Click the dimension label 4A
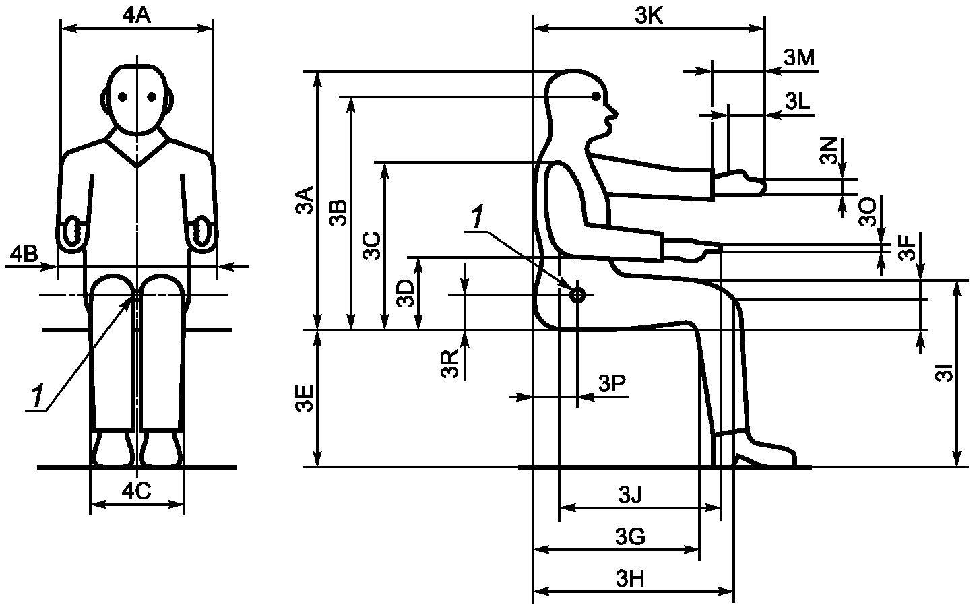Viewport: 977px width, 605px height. pos(137,16)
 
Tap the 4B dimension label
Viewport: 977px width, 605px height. pos(24,254)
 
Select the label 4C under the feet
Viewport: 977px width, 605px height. pos(137,492)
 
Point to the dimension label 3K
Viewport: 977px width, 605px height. pos(649,16)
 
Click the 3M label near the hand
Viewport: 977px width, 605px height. pos(799,57)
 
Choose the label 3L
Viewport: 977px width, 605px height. pos(798,102)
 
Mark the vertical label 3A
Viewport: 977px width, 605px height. pos(305,200)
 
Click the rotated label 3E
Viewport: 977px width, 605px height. pos(305,398)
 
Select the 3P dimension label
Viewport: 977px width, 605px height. pos(612,383)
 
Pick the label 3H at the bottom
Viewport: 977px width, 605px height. pos(630,579)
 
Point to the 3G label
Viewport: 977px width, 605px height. pos(630,536)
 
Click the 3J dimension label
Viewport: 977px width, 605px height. pos(631,495)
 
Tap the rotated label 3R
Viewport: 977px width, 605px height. pos(449,363)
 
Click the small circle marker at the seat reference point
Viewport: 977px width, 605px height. pos(577,295)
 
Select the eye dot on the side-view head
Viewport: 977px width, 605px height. pos(596,96)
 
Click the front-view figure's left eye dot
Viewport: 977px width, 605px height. pos(123,97)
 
